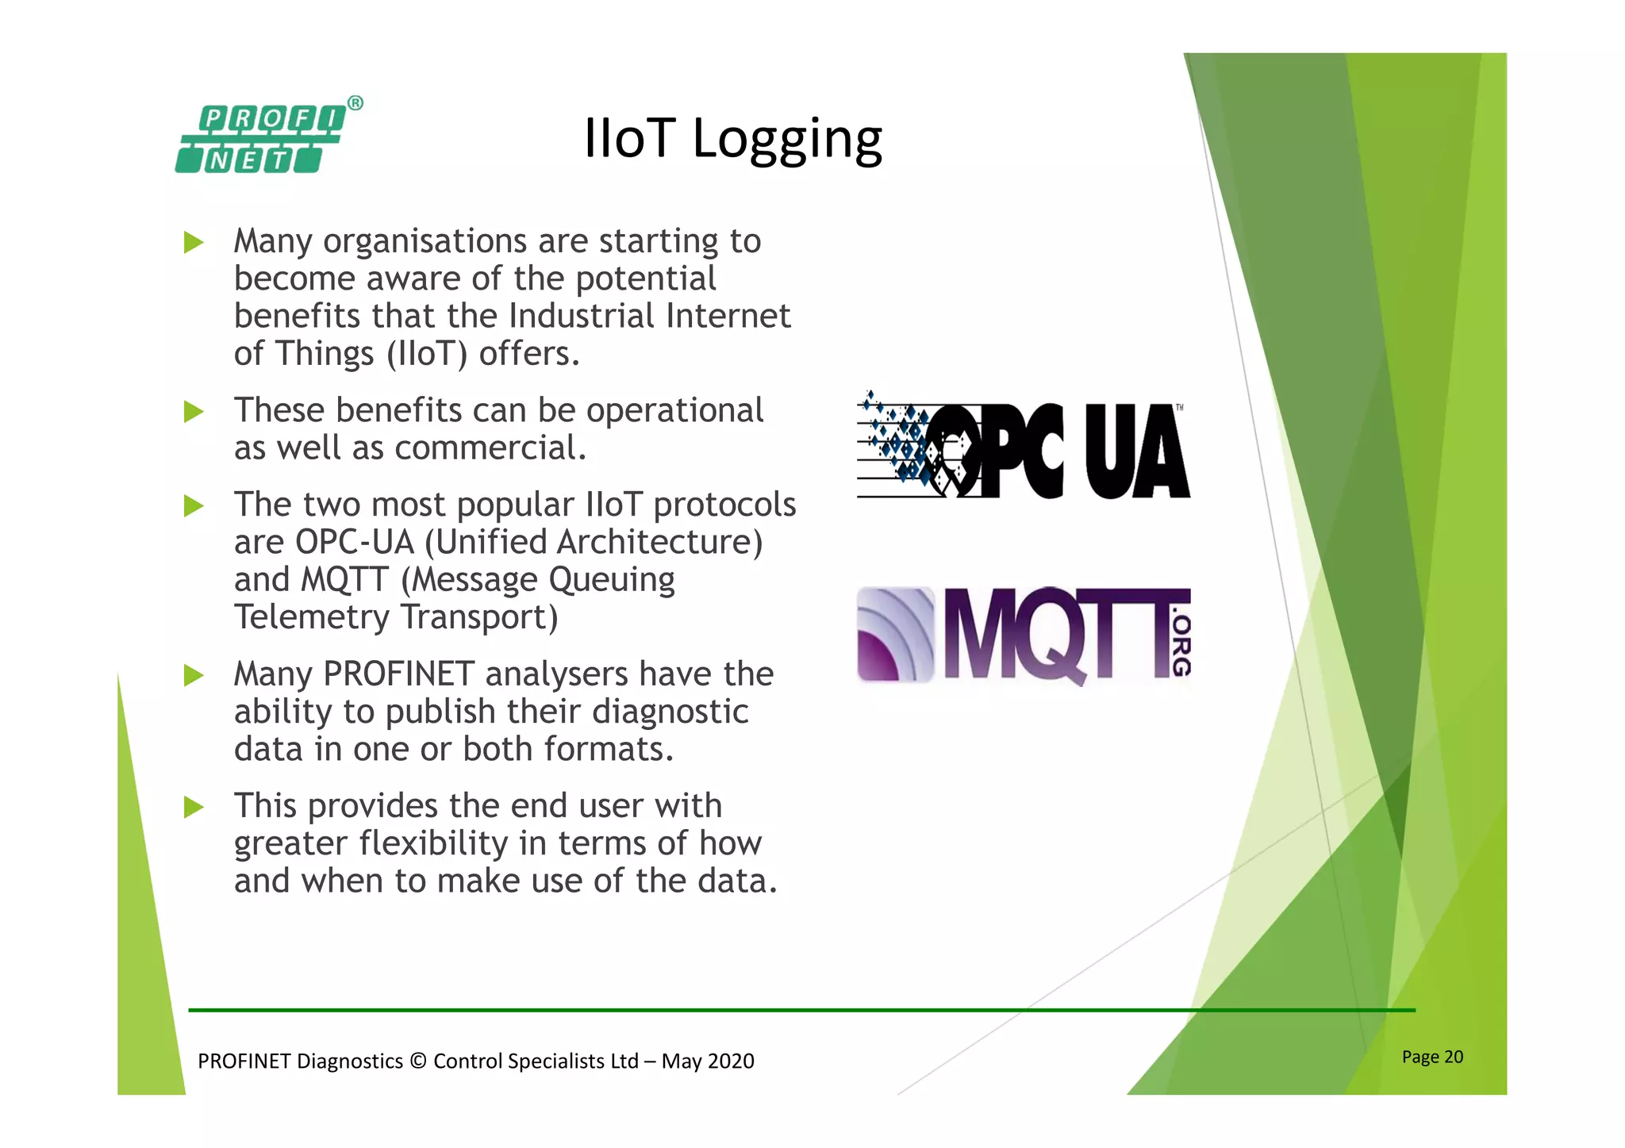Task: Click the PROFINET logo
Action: [x=260, y=140]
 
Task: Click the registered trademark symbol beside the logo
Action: [x=355, y=103]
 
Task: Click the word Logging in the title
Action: [x=787, y=140]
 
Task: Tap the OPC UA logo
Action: [x=1024, y=447]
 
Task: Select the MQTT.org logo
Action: [x=1024, y=635]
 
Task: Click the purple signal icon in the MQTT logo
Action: [x=895, y=635]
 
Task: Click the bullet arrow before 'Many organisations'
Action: [x=194, y=242]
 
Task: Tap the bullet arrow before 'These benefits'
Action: [x=194, y=412]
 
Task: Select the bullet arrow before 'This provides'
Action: [x=194, y=807]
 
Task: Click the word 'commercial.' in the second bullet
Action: [x=490, y=448]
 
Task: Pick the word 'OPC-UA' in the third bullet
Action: [x=355, y=543]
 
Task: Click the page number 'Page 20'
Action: [x=1432, y=1057]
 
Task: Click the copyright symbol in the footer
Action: [x=418, y=1062]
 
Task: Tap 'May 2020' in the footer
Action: [x=708, y=1062]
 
